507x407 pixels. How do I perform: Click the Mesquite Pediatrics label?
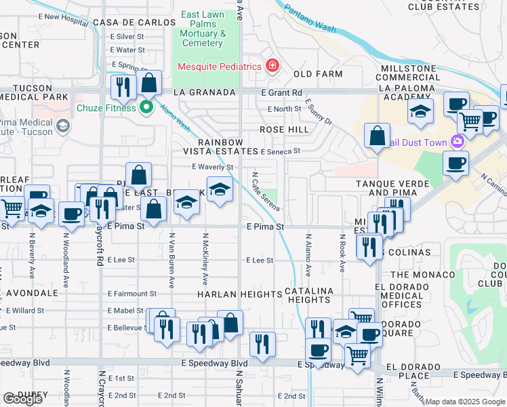click(220, 66)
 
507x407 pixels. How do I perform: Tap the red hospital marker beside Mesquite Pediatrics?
click(272, 66)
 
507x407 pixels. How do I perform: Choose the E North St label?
click(284, 109)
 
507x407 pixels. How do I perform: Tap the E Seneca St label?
click(280, 152)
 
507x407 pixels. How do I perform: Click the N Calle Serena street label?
click(266, 191)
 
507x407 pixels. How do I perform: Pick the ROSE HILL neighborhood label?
click(284, 130)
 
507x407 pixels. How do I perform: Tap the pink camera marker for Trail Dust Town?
click(458, 142)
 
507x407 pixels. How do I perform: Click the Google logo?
click(22, 399)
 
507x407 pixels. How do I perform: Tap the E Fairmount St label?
click(132, 294)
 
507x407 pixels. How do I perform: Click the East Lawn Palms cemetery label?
click(203, 29)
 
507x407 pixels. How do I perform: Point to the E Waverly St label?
click(212, 167)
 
